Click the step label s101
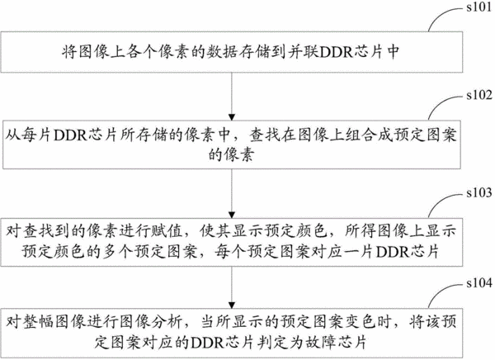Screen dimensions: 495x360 478,7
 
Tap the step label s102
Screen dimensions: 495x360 479,95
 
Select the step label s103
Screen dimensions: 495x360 479,192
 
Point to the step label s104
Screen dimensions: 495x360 479,283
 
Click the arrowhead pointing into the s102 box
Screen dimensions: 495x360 232,117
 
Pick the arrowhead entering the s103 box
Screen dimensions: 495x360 232,215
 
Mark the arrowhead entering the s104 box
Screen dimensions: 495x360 232,305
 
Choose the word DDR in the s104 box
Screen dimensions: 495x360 209,343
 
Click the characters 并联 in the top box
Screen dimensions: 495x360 303,52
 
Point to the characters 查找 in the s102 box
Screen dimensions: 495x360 265,135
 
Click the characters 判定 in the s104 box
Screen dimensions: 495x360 272,343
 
